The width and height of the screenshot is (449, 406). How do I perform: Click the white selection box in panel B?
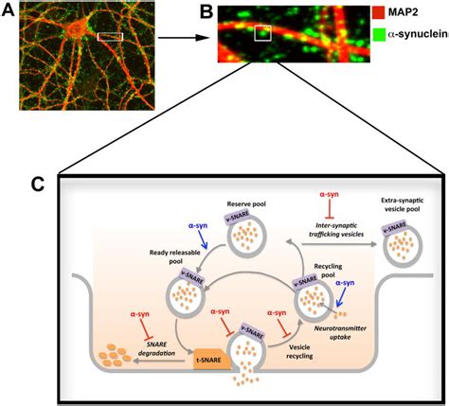coord(263,34)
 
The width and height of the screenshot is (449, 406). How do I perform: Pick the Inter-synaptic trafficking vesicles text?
coord(330,226)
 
